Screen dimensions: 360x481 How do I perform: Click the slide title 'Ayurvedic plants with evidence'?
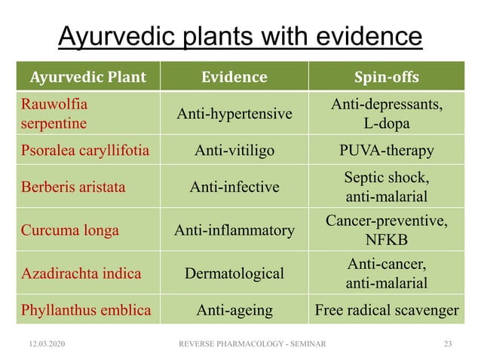click(x=240, y=36)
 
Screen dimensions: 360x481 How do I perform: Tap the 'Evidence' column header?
click(x=234, y=77)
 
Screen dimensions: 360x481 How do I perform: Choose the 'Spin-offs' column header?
click(x=386, y=77)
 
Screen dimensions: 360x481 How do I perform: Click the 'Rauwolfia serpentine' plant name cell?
click(x=54, y=113)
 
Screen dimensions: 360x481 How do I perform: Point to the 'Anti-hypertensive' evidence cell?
click(x=234, y=114)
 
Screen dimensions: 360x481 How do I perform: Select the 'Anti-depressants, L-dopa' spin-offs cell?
click(x=386, y=113)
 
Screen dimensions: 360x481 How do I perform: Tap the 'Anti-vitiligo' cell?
click(x=234, y=151)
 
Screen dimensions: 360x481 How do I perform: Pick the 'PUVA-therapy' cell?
click(x=386, y=151)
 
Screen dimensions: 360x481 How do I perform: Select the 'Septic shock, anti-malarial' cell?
click(x=386, y=188)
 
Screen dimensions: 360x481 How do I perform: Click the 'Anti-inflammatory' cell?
click(x=234, y=230)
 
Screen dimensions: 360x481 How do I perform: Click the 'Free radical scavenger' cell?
click(x=386, y=310)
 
